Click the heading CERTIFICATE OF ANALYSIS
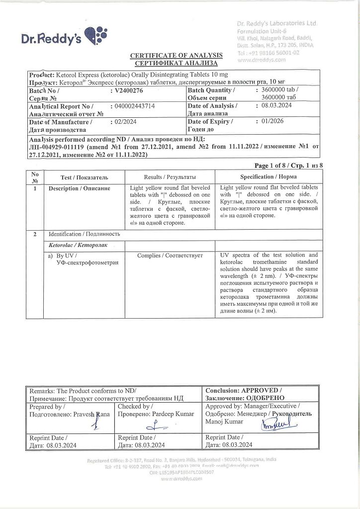tap(177, 55)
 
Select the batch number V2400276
tap(129, 91)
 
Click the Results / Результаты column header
tap(170, 177)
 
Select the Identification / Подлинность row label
tap(84, 234)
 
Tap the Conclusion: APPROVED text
tap(243, 391)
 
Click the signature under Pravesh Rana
tap(96, 423)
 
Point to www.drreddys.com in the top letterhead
tap(262, 60)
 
